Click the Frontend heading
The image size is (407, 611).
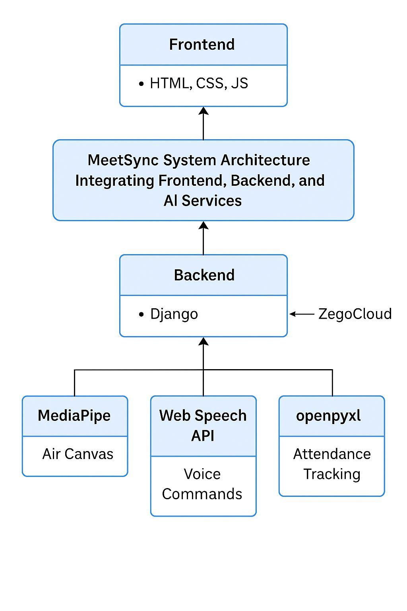[202, 44]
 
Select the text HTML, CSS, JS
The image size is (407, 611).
[199, 83]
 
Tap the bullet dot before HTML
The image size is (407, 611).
[141, 84]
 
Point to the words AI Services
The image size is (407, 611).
[203, 200]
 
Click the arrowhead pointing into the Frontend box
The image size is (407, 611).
[203, 111]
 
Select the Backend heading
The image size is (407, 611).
[204, 275]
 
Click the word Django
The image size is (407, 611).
[174, 314]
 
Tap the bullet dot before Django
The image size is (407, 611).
[141, 314]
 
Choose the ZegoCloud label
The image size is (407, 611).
[355, 314]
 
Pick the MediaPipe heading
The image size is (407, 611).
[74, 415]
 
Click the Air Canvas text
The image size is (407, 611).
[78, 454]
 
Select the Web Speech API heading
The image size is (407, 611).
[203, 425]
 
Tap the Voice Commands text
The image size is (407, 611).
[202, 484]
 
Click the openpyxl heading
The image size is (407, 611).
[328, 415]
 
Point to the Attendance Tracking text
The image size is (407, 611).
[332, 464]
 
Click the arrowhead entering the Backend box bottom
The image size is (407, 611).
[203, 341]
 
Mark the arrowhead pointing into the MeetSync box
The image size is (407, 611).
[203, 226]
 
